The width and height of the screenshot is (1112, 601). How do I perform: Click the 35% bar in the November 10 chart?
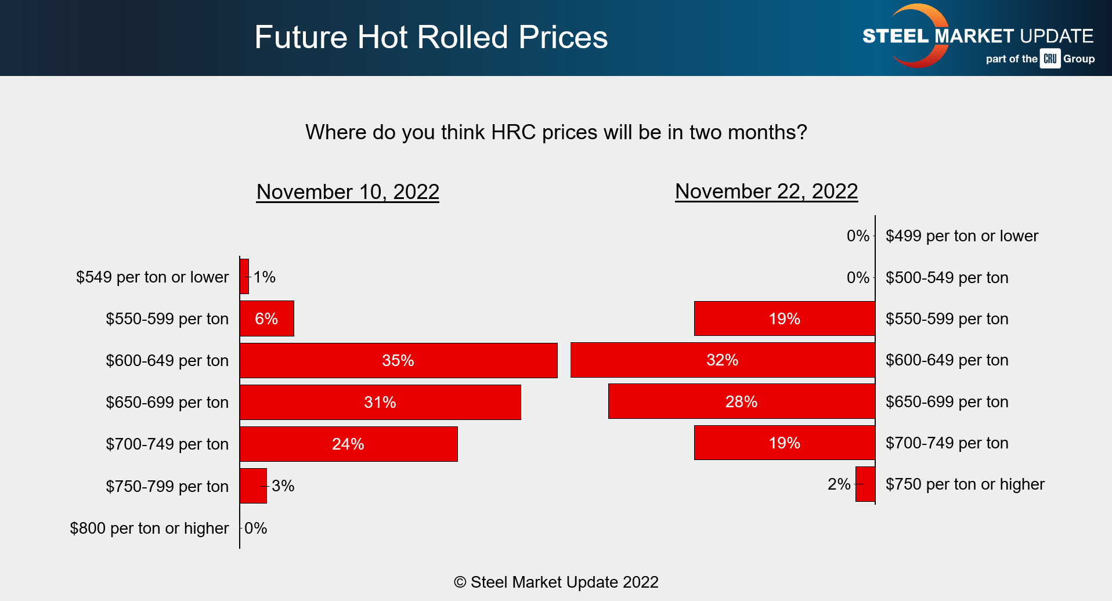tap(398, 360)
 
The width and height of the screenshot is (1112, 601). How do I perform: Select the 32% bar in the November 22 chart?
tap(722, 360)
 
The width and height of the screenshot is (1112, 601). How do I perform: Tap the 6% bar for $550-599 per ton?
tap(266, 318)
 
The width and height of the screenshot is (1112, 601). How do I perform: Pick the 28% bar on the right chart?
tap(741, 401)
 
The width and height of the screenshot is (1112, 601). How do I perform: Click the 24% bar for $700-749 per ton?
tap(348, 444)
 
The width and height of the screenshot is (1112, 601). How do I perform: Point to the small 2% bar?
tap(865, 484)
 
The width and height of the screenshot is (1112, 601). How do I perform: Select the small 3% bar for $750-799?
tap(253, 486)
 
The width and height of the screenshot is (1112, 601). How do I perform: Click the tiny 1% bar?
tap(244, 277)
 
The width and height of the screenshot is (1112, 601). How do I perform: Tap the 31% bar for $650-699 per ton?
tap(380, 402)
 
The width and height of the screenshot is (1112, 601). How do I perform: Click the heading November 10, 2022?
tap(348, 192)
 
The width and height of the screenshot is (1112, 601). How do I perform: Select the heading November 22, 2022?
tap(766, 191)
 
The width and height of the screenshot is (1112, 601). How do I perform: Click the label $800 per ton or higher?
tap(149, 528)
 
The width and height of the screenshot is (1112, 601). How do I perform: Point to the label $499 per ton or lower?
tap(962, 236)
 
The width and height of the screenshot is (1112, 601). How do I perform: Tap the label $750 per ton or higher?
tap(965, 484)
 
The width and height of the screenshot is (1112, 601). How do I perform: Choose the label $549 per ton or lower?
tap(152, 277)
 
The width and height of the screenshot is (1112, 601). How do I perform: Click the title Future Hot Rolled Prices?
tap(431, 37)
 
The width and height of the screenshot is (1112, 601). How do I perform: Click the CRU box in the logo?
tap(1050, 59)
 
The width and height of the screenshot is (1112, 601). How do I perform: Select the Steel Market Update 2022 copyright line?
tap(556, 582)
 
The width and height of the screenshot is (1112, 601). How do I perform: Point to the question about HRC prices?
tap(556, 132)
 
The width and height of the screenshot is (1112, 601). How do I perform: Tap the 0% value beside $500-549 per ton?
tap(857, 277)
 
